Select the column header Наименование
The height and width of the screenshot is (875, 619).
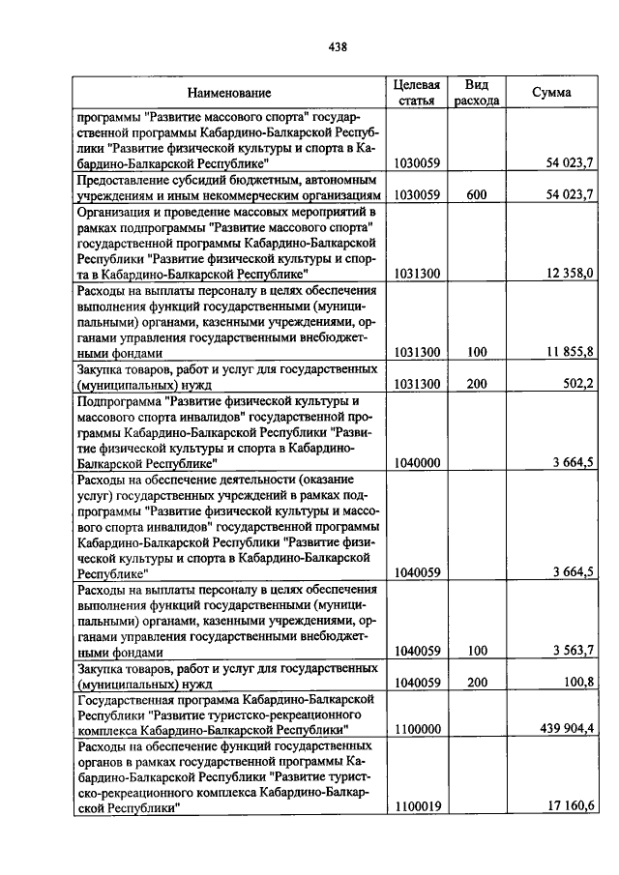pos(229,93)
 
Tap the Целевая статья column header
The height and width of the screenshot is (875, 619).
pos(417,92)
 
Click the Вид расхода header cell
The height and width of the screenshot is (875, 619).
pos(476,92)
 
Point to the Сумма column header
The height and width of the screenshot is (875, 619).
pos(551,93)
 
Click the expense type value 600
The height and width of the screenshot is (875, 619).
pos(475,194)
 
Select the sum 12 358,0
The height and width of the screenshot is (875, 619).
pos(569,274)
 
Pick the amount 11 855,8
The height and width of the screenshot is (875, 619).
pos(569,353)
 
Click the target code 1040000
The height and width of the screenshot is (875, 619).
pos(417,463)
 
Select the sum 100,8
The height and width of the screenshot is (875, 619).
pos(578,683)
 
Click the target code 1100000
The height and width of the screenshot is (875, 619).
pos(417,728)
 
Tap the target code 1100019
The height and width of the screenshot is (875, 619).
pos(417,806)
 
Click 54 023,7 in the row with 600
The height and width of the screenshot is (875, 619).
pos(569,194)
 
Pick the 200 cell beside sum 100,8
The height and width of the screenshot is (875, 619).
pos(475,683)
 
